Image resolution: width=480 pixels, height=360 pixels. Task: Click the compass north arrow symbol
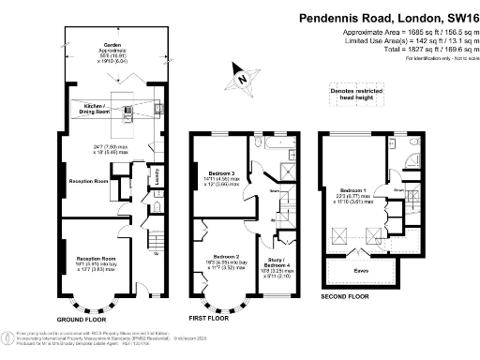pos(243,79)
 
